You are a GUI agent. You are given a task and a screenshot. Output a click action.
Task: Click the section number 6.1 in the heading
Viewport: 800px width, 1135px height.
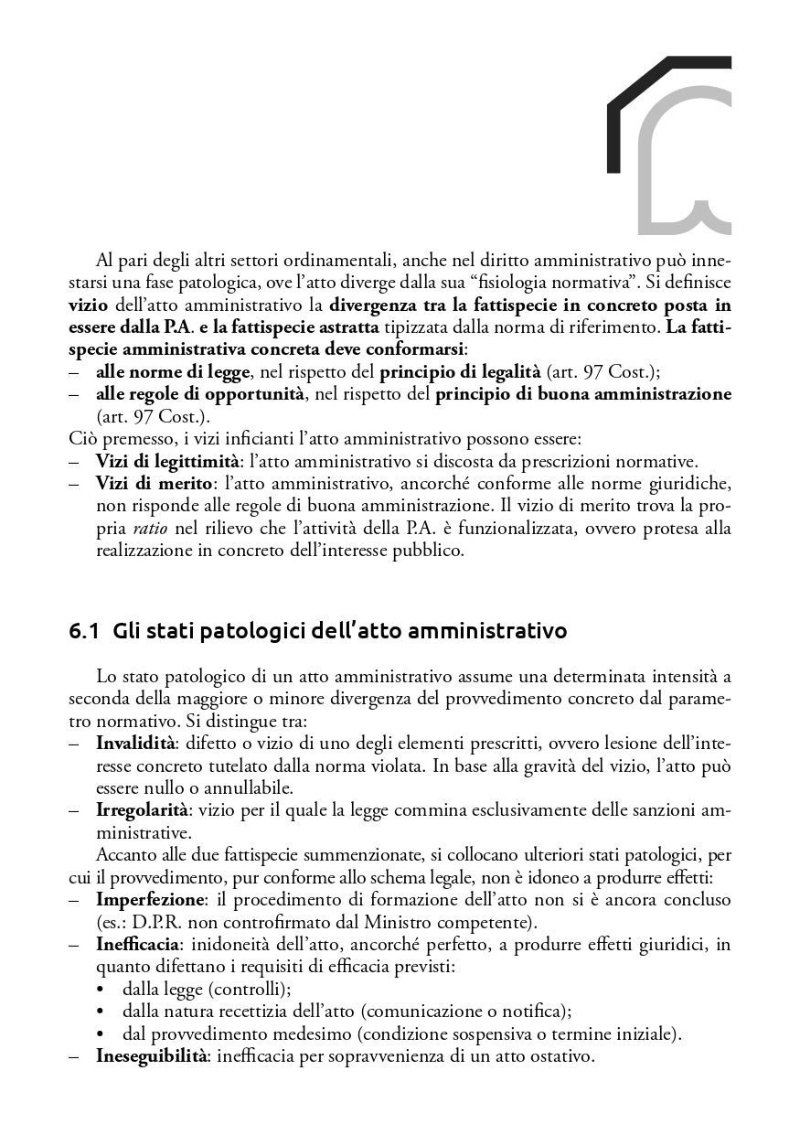pyautogui.click(x=83, y=631)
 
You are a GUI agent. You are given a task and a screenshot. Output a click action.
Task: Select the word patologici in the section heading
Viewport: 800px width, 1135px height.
pyautogui.click(x=215, y=632)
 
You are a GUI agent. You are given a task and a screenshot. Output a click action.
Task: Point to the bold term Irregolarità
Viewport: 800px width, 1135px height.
pyautogui.click(x=142, y=809)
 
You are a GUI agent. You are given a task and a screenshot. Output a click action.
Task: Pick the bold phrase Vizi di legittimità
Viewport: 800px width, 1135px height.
pyautogui.click(x=161, y=461)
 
